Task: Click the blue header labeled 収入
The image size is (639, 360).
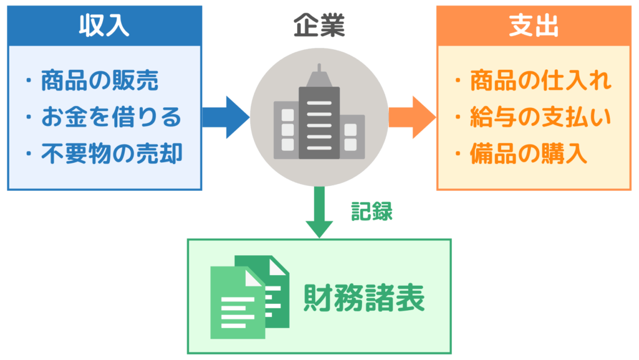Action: point(104,26)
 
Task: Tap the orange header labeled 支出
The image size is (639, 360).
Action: point(534,26)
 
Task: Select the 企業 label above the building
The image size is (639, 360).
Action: point(319,26)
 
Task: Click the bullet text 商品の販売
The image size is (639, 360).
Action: point(99,81)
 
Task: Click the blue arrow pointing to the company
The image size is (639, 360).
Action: point(226,117)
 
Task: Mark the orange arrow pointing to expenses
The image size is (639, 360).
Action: point(412,117)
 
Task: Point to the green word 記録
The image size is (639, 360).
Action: point(372,211)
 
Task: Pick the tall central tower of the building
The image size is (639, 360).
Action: point(319,122)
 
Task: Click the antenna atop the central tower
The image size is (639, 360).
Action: point(319,69)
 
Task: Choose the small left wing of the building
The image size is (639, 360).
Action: point(286,130)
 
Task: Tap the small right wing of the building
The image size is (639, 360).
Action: point(351,138)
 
